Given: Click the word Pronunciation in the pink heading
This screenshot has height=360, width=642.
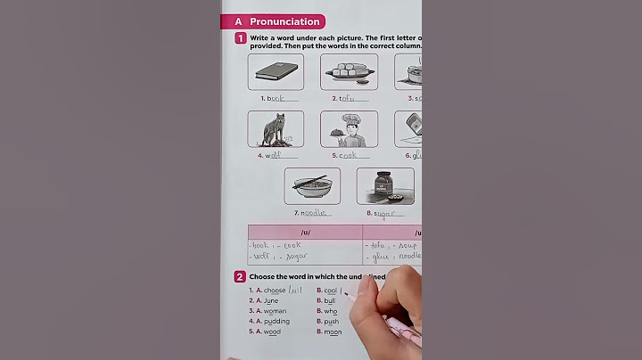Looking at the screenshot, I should (284, 21).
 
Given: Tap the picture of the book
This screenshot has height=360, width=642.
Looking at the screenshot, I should (276, 71).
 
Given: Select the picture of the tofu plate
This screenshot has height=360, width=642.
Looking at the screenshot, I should (349, 71).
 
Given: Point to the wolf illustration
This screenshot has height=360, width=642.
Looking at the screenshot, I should (275, 129).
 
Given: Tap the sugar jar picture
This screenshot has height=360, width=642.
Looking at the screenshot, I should (384, 185).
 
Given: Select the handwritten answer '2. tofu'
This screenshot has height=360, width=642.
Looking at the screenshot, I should (348, 99).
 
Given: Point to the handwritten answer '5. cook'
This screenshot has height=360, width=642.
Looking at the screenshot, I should (347, 156).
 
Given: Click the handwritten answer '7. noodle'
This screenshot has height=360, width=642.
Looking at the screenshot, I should (315, 213).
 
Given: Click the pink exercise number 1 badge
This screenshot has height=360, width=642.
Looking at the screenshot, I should (241, 38).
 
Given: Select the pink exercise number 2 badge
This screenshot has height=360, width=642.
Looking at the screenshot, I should (241, 277).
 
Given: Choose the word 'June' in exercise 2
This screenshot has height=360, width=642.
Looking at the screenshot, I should (271, 300).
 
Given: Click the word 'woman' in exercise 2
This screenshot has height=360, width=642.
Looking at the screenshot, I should (274, 311).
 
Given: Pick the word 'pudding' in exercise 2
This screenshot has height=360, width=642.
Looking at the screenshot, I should (276, 322).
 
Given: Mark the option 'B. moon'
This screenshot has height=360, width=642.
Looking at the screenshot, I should (328, 332).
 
